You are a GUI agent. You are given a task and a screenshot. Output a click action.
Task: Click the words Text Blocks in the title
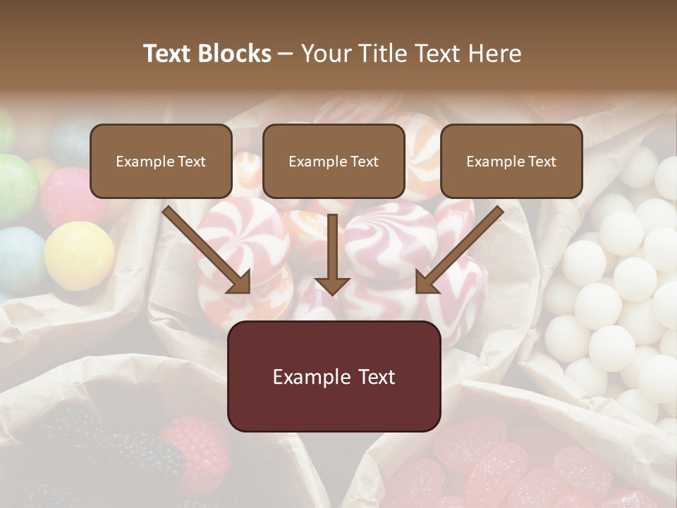click(x=207, y=54)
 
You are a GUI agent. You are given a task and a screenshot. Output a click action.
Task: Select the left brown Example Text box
click(x=161, y=161)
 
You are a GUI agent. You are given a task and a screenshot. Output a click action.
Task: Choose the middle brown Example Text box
click(x=334, y=161)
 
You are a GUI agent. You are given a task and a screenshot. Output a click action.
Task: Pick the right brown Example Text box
click(x=511, y=161)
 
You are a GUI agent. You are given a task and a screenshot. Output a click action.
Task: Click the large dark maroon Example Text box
click(x=334, y=376)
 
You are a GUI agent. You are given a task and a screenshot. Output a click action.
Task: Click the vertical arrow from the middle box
click(x=332, y=254)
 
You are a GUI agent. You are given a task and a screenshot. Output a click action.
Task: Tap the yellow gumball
click(x=79, y=255)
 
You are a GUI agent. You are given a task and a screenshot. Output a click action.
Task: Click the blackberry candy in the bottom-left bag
click(x=106, y=445)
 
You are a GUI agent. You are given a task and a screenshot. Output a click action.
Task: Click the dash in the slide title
click(x=286, y=54)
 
